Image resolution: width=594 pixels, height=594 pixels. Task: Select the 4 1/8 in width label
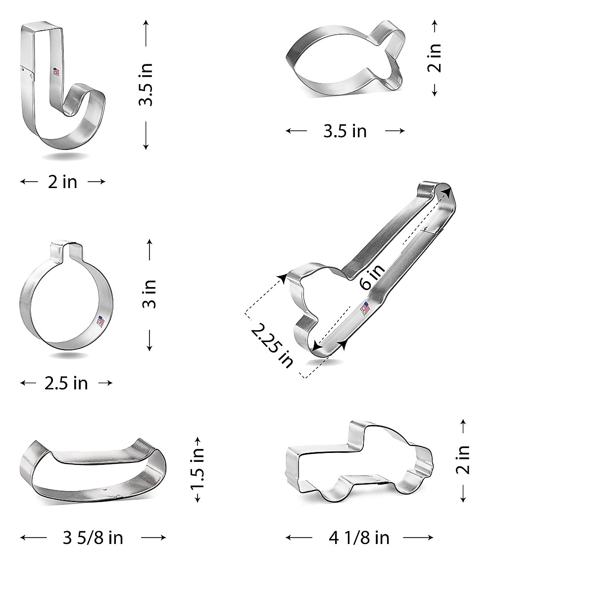(359, 538)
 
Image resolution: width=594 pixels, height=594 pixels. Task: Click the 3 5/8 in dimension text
(93, 538)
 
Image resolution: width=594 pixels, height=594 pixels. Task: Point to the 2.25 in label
(272, 345)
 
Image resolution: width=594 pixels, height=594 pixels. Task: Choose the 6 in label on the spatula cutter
(372, 277)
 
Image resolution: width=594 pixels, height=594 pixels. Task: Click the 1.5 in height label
(198, 469)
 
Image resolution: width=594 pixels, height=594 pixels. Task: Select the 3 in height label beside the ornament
(150, 294)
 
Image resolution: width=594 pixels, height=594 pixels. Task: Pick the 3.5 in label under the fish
(345, 131)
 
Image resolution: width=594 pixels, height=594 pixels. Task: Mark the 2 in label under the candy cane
(62, 182)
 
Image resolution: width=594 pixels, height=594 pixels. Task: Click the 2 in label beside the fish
(434, 58)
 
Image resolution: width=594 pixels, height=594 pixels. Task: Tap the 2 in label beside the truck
(463, 460)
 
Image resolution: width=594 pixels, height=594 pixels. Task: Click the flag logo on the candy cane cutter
(56, 72)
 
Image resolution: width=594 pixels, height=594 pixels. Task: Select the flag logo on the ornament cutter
(100, 321)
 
